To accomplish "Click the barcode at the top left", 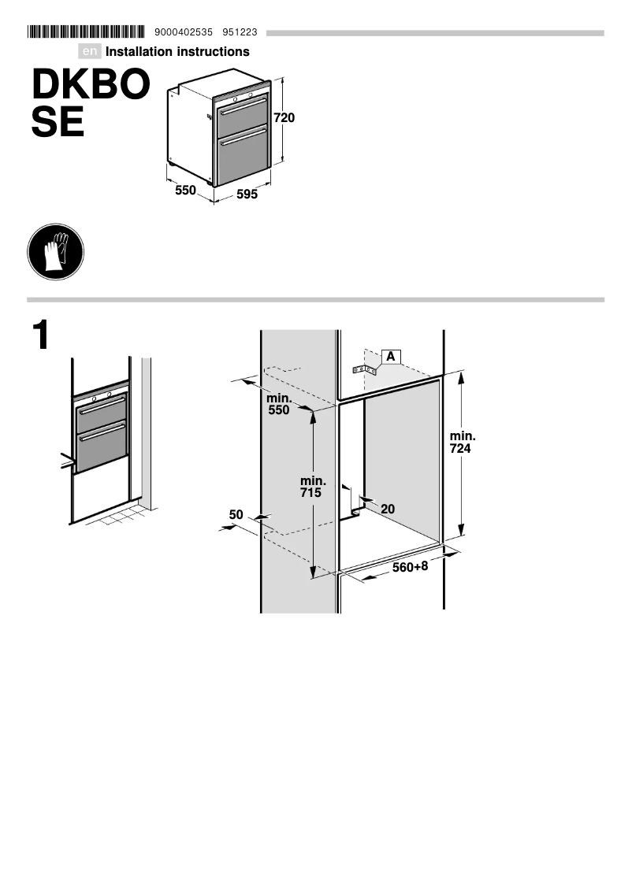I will pos(86,32).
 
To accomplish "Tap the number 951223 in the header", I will pos(240,33).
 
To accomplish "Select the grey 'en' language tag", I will pos(91,52).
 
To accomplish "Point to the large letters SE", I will pos(58,123).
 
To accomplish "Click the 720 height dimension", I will pos(284,118).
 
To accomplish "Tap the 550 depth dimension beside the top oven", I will pos(185,191).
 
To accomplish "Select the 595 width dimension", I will pos(247,195).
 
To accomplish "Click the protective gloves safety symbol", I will pos(55,252).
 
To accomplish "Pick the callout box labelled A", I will pos(391,356).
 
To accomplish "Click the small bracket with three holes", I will pos(364,369).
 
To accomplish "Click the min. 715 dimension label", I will pos(313,487).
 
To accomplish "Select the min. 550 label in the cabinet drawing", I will pos(278,404).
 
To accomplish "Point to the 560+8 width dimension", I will pos(410,567).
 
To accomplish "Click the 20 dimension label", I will pos(387,509).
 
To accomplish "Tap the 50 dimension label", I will pos(236,515).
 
